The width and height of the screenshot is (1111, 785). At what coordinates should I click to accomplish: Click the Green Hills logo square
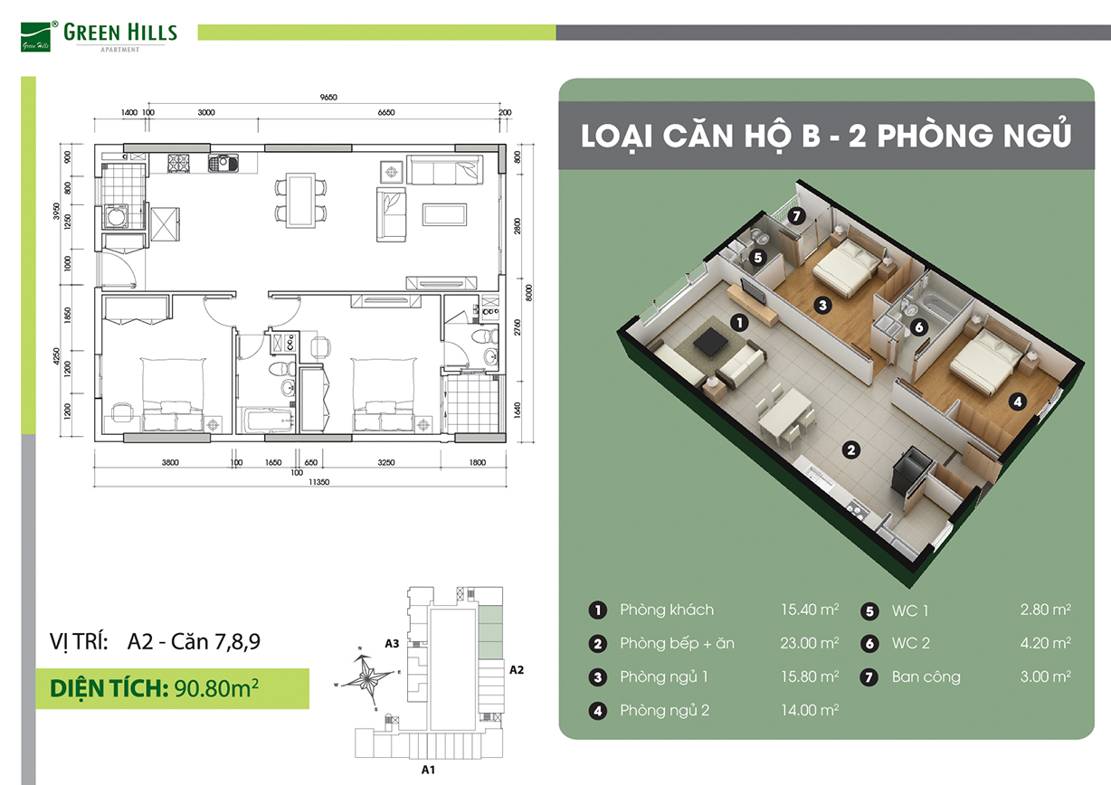35,37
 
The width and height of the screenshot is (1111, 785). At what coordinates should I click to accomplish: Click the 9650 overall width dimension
328,97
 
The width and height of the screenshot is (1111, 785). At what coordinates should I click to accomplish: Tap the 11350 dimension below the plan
319,482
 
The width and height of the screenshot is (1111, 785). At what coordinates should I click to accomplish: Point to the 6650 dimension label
386,112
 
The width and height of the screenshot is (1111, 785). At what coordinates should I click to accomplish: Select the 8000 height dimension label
528,293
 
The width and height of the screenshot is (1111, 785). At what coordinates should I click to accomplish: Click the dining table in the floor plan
300,201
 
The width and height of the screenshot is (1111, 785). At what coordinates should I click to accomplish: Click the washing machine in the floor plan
116,217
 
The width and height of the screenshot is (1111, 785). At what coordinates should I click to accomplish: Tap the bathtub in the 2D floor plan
266,420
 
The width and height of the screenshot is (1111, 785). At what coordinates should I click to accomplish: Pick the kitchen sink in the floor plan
223,163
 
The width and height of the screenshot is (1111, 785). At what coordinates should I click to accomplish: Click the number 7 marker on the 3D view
796,216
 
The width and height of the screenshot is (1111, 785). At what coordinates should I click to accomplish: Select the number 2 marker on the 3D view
851,449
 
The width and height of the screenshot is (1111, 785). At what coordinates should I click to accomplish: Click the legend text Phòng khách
667,610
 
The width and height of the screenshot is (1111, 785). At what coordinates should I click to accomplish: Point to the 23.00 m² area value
810,643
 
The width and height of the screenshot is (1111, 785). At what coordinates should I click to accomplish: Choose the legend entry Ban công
926,676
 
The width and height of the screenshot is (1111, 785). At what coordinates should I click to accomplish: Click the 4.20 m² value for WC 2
1046,643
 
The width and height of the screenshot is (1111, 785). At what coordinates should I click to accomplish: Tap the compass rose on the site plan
367,676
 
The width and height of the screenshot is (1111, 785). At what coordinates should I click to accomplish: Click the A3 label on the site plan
392,643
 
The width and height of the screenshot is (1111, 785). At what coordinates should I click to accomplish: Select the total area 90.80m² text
216,688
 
